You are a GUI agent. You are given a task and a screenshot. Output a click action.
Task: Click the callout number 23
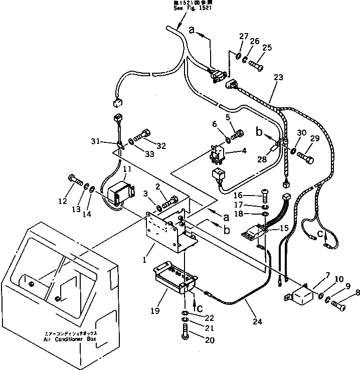coord(278,77)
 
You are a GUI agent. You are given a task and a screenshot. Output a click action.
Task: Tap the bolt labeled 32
coord(144,135)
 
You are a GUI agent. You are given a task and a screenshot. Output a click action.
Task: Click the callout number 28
coord(263,159)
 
